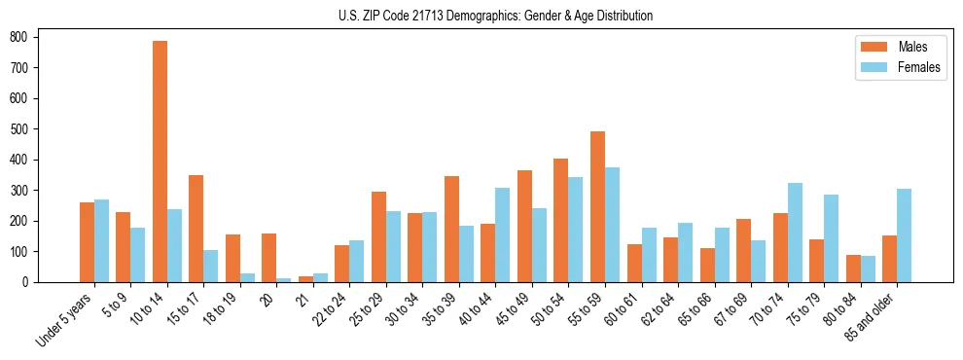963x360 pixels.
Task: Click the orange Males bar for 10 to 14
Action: [160, 162]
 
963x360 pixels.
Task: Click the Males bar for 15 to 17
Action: [196, 229]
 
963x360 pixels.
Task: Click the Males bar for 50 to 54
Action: [561, 220]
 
